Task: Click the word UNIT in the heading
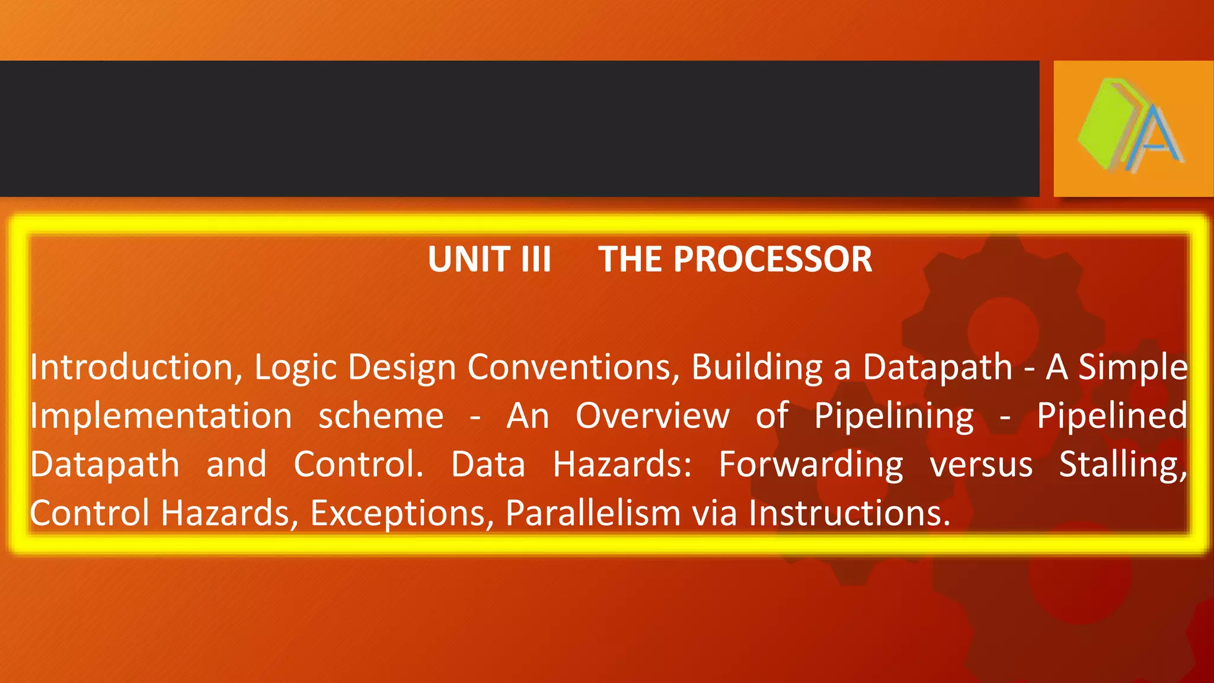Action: pyautogui.click(x=469, y=260)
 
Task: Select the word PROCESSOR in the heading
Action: pyautogui.click(x=772, y=260)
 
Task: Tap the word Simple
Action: pyautogui.click(x=1133, y=368)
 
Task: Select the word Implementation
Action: pyautogui.click(x=161, y=416)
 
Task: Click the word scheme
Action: pyautogui.click(x=381, y=416)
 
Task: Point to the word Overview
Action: pyautogui.click(x=652, y=416)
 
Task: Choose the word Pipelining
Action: pyautogui.click(x=893, y=417)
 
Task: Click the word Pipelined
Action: pyautogui.click(x=1112, y=417)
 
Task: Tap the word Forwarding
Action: pyautogui.click(x=810, y=465)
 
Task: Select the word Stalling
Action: pyautogui.click(x=1123, y=465)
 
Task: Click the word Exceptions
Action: pyautogui.click(x=402, y=513)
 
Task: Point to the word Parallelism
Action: pyautogui.click(x=593, y=513)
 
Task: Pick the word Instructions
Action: pyautogui.click(x=848, y=513)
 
